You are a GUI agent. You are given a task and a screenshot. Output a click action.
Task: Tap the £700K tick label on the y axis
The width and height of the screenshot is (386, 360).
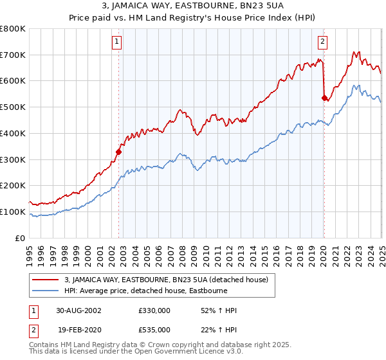(x=13, y=55)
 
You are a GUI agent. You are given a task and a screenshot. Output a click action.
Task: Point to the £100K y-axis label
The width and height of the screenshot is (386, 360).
(x=13, y=212)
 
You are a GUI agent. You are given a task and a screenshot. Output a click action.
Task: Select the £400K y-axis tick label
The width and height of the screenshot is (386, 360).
(x=13, y=134)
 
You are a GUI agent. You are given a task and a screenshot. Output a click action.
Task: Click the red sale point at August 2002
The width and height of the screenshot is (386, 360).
(x=119, y=152)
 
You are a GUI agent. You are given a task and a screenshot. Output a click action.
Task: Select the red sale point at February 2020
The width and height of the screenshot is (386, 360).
(x=324, y=98)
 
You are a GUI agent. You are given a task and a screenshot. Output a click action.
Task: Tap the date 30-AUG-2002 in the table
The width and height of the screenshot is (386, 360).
(x=79, y=310)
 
